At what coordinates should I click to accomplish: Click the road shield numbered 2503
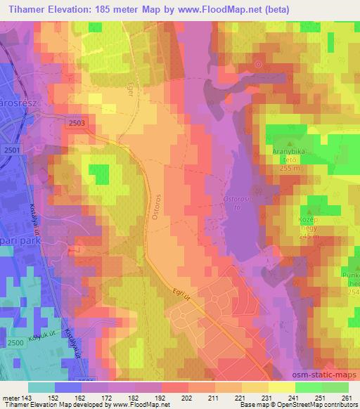tap(78, 122)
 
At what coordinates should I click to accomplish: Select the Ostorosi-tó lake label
tap(236, 202)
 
